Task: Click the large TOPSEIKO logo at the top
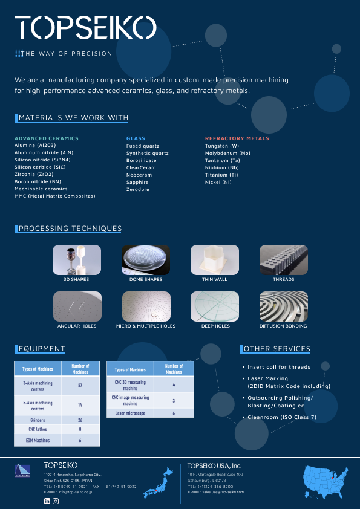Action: pyautogui.click(x=85, y=27)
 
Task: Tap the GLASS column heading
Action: pyautogui.click(x=136, y=138)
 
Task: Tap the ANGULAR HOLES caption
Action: pyautogui.click(x=77, y=326)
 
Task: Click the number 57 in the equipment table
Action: pyautogui.click(x=80, y=384)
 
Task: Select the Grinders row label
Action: pyautogui.click(x=38, y=420)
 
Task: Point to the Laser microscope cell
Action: pyautogui.click(x=130, y=413)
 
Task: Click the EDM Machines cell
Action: pyautogui.click(x=38, y=441)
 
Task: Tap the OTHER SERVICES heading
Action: pyautogui.click(x=277, y=349)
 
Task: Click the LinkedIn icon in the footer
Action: pyautogui.click(x=47, y=501)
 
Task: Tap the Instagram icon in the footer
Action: pyautogui.click(x=56, y=501)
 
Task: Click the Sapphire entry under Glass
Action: pyautogui.click(x=137, y=182)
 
